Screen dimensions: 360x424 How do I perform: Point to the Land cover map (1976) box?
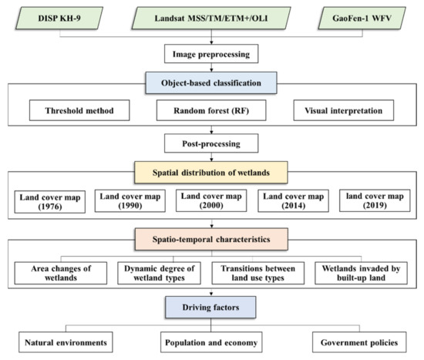click(x=48, y=203)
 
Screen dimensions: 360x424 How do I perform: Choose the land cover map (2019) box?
click(x=375, y=203)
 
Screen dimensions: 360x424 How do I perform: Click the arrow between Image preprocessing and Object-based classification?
click(x=212, y=68)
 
